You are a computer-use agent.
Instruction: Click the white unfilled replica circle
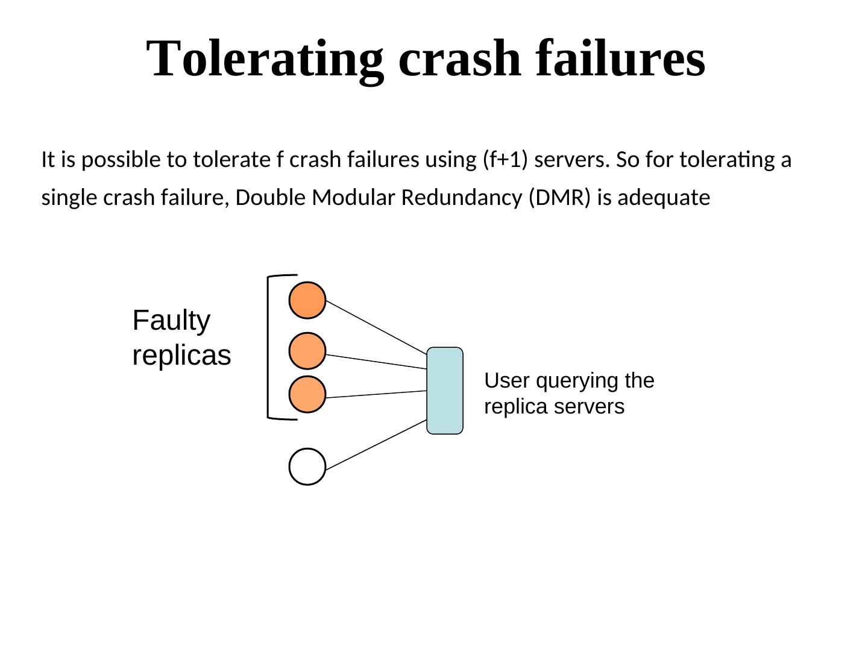(x=307, y=467)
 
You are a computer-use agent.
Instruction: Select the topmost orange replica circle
(x=307, y=300)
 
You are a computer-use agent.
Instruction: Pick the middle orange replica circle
(x=307, y=351)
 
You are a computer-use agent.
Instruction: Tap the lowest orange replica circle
(x=307, y=394)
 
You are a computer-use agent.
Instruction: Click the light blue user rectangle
(x=445, y=391)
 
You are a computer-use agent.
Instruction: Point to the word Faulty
(x=171, y=321)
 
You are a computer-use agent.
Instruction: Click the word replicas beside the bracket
(x=181, y=356)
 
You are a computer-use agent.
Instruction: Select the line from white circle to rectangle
(x=376, y=445)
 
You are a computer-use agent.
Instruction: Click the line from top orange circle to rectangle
(x=376, y=327)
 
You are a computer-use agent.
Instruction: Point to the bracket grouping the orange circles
(x=268, y=347)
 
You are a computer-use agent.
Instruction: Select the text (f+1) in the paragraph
(x=505, y=160)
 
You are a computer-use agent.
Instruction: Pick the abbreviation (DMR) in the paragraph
(x=559, y=197)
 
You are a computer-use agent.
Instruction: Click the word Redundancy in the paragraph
(x=462, y=198)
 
